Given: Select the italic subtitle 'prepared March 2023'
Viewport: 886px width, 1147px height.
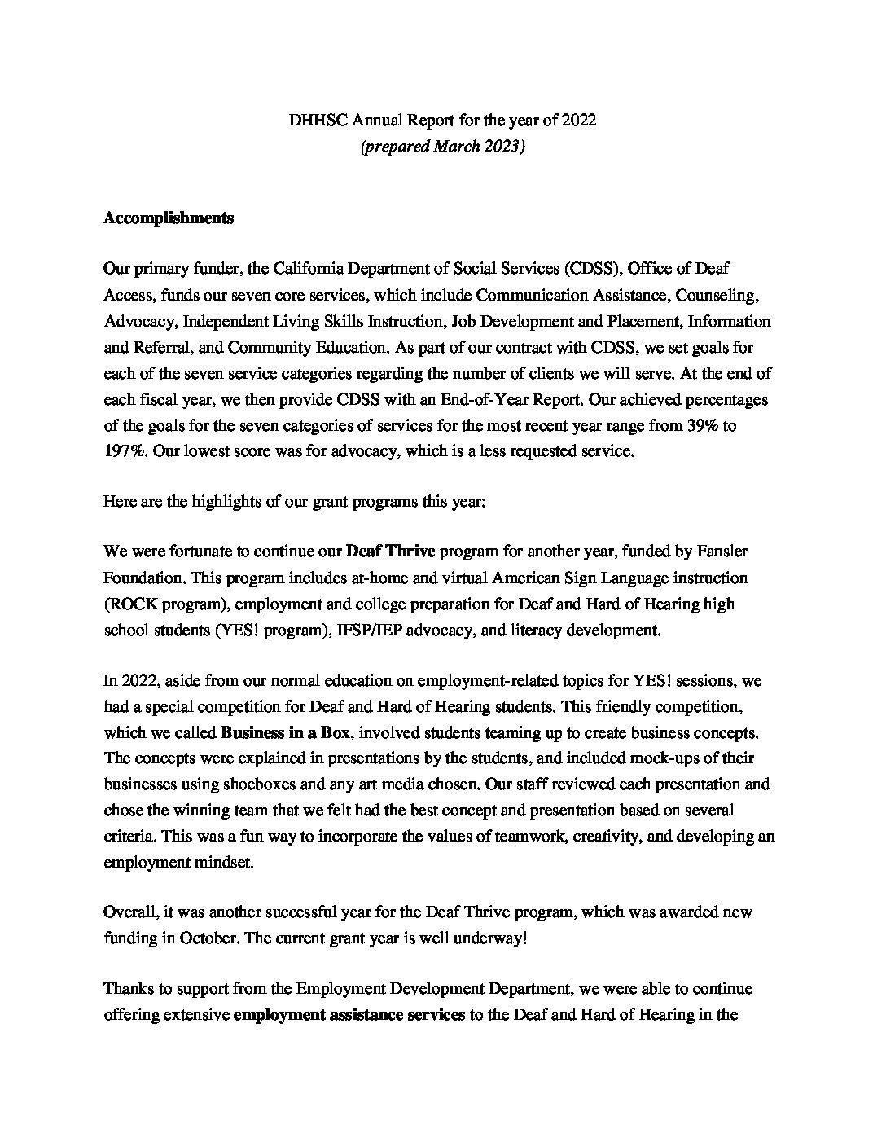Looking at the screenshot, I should click(x=442, y=147).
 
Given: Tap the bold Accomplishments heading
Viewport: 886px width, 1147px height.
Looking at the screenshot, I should click(x=169, y=218).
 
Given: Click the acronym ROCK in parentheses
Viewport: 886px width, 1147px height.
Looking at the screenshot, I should click(x=129, y=604).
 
